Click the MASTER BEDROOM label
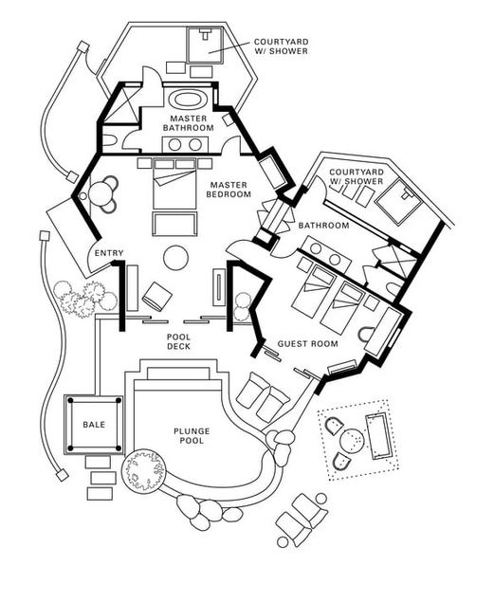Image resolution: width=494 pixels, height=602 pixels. [x=229, y=190]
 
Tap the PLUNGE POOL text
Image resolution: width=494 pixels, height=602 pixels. [x=192, y=436]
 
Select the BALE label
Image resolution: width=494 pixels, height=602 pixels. [x=94, y=425]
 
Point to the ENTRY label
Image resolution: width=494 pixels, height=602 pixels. [x=109, y=253]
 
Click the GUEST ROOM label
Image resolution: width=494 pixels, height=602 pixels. [x=308, y=343]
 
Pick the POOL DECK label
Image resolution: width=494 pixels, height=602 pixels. [x=179, y=341]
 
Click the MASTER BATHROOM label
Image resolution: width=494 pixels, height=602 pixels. [x=188, y=123]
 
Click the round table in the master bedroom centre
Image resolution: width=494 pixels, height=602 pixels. [x=175, y=258]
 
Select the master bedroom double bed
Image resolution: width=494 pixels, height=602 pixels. [x=174, y=183]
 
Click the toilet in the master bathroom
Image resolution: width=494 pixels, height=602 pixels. [x=108, y=140]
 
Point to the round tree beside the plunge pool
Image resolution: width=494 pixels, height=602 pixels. [x=143, y=471]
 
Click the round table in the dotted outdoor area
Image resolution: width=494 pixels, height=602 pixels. [x=352, y=440]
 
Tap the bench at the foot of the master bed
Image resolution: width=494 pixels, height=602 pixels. [x=174, y=225]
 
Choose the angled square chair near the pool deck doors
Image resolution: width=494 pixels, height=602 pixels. [x=156, y=296]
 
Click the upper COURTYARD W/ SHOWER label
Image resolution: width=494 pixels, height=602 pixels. [x=281, y=46]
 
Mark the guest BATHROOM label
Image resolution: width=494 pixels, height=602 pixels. [x=324, y=226]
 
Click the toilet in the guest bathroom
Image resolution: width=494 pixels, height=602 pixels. [x=393, y=290]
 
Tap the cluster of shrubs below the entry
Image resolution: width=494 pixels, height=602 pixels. [x=85, y=299]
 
